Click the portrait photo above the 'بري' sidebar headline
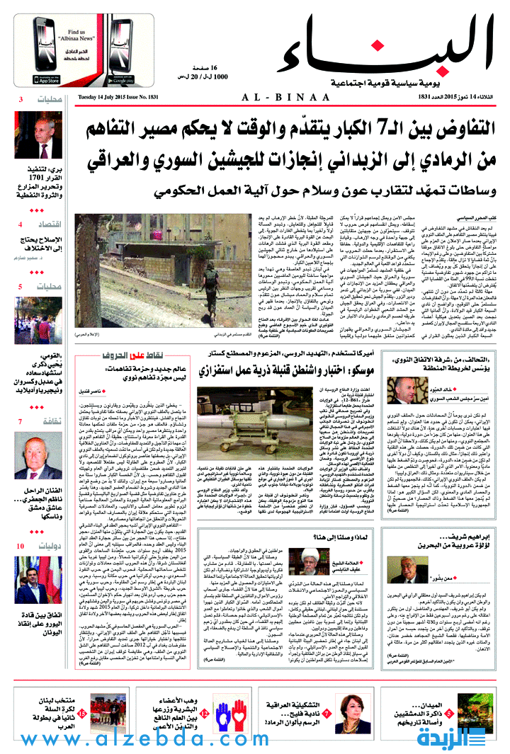(40, 137)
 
